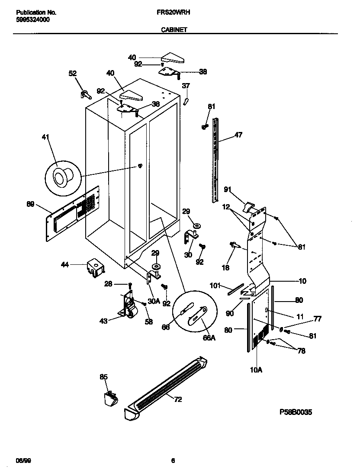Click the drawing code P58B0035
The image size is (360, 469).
(x=296, y=412)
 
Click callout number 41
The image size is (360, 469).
(x=45, y=138)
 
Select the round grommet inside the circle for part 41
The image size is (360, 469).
(x=59, y=177)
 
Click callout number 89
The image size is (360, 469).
(x=30, y=204)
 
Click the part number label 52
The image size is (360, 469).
(x=72, y=74)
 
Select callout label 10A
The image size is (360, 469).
(x=256, y=369)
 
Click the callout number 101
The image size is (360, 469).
(x=215, y=286)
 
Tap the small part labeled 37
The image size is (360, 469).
(x=186, y=101)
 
